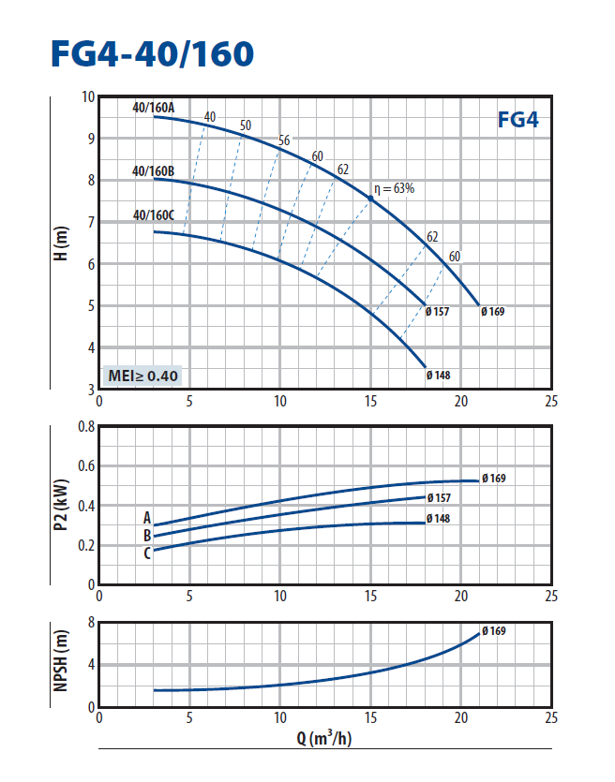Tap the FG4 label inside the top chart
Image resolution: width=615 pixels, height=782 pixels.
point(517,120)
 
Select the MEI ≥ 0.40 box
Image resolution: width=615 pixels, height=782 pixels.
point(142,376)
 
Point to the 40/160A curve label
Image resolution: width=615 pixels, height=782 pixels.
point(154,108)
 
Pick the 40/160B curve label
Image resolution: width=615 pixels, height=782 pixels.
point(154,171)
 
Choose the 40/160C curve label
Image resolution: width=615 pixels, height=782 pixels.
point(154,214)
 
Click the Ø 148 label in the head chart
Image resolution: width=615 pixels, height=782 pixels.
point(438,376)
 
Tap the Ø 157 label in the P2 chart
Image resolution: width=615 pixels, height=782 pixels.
point(438,497)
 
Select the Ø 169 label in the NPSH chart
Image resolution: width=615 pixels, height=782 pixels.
point(494,631)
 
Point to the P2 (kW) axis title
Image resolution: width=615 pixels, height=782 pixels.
point(63,506)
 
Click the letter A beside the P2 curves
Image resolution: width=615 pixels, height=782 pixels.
point(146,517)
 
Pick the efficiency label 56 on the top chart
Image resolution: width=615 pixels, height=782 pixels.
point(284,141)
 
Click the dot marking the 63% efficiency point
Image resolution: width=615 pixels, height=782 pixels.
point(370,199)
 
